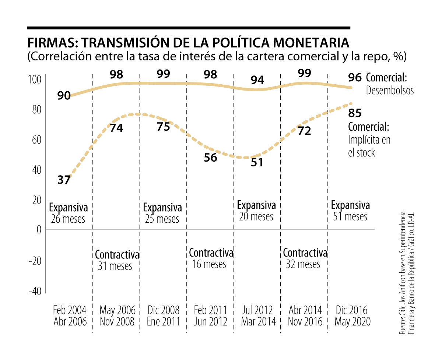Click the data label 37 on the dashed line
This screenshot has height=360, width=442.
tap(64, 180)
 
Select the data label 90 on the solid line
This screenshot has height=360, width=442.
tap(64, 96)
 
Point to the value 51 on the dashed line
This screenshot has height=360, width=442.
tap(257, 162)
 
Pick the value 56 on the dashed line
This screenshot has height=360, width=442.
tap(210, 157)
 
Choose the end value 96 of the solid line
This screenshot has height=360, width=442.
tap(355, 78)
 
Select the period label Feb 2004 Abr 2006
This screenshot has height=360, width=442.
tap(70, 315)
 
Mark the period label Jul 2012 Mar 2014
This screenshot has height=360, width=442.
tap(258, 315)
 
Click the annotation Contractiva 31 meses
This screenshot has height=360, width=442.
tap(117, 260)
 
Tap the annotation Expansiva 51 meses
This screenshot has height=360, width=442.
tap(350, 211)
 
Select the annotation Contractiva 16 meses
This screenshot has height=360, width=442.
tap(211, 258)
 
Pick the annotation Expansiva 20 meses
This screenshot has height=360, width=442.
tap(256, 211)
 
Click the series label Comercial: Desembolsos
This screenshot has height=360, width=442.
tap(389, 84)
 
